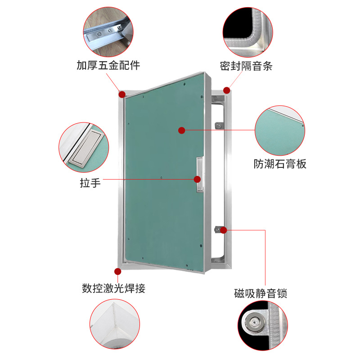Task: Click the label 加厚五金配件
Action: (108, 66)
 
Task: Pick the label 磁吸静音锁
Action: (261, 294)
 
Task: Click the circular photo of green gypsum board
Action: (280, 130)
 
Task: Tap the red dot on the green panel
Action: (182, 130)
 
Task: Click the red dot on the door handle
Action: (197, 179)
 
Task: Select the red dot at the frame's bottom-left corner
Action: (118, 271)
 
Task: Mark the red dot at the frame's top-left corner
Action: (122, 94)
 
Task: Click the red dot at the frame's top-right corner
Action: (227, 90)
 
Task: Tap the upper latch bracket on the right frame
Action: (218, 125)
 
